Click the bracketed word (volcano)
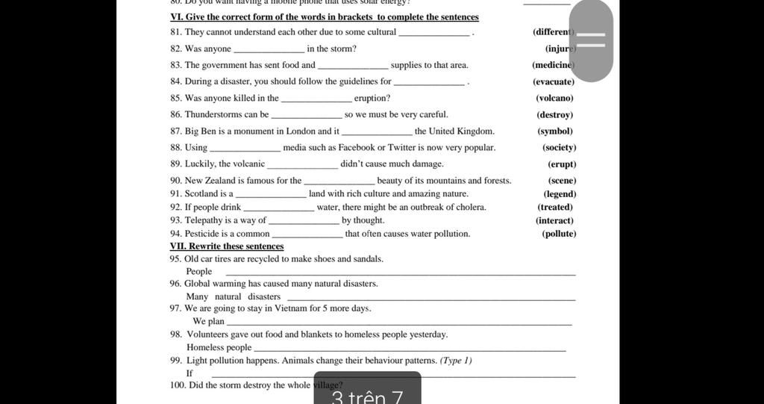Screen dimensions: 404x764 pyautogui.click(x=554, y=98)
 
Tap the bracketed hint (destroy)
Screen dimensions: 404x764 pyautogui.click(x=554, y=114)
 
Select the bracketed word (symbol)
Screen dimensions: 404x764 pyautogui.click(x=554, y=131)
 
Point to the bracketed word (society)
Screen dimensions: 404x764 pyautogui.click(x=559, y=147)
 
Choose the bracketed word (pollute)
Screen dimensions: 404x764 pyautogui.click(x=559, y=234)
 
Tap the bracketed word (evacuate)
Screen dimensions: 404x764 pyautogui.click(x=554, y=81)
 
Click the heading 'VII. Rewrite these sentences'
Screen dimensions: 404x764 pyautogui.click(x=227, y=246)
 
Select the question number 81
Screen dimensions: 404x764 pyautogui.click(x=175, y=32)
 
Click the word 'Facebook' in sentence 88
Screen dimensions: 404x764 pyautogui.click(x=357, y=147)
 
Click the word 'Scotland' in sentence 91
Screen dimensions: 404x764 pyautogui.click(x=201, y=193)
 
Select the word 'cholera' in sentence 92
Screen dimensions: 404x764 pyautogui.click(x=470, y=207)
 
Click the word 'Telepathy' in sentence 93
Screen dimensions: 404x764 pyautogui.click(x=203, y=220)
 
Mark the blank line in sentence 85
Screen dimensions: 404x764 pyautogui.click(x=316, y=100)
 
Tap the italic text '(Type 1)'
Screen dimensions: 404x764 pyautogui.click(x=456, y=360)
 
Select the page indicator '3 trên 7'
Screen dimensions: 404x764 pyautogui.click(x=367, y=394)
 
